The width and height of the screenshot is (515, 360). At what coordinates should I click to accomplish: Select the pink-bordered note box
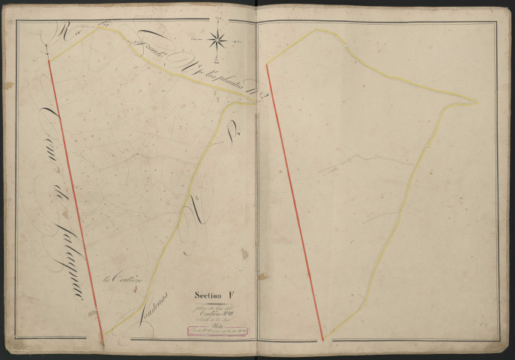click(x=217, y=331)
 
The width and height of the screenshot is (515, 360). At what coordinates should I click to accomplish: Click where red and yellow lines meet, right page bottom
click(x=322, y=340)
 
